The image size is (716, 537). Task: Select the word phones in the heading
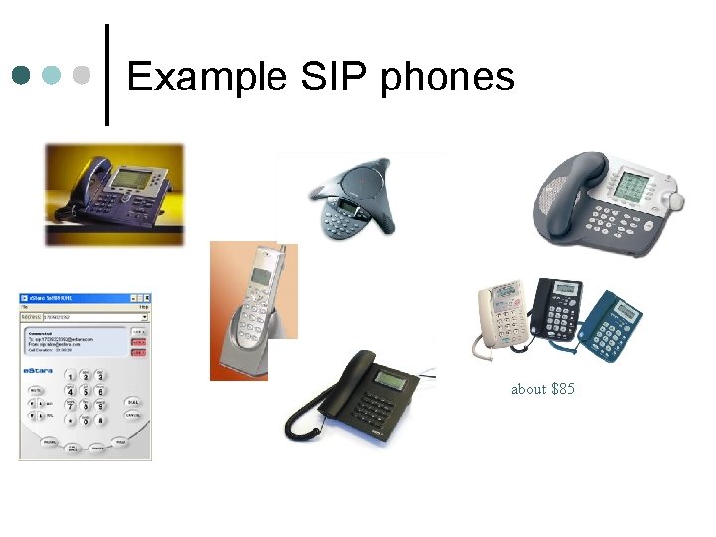click(447, 78)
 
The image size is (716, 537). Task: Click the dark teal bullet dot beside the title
click(21, 75)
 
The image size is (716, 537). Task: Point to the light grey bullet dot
click(85, 75)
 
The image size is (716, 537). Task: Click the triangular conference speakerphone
click(349, 199)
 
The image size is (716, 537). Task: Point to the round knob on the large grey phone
click(677, 201)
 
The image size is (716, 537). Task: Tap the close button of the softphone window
click(146, 298)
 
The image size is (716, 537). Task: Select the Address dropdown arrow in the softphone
click(145, 316)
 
